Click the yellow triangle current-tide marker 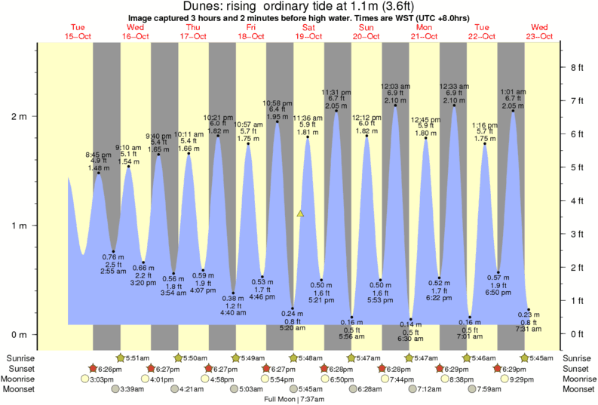tap(300, 213)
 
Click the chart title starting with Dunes tap(299, 7)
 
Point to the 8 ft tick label tap(577, 68)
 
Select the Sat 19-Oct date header tap(309, 32)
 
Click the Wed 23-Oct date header tap(540, 32)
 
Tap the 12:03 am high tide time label tap(395, 86)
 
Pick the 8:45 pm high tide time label tap(97, 154)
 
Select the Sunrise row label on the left tap(20, 357)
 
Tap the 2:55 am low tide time tap(113, 270)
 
